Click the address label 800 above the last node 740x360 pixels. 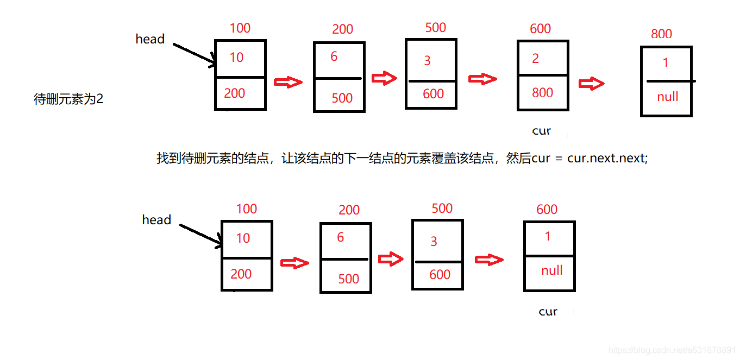(661, 34)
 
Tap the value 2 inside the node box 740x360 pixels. (535, 59)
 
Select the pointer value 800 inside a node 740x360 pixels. (542, 92)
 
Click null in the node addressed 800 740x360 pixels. (667, 97)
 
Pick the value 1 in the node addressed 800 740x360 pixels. (666, 63)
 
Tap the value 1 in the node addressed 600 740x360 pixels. (547, 236)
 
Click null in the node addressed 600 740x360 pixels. (551, 270)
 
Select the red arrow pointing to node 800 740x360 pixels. (591, 84)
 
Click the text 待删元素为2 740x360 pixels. (68, 99)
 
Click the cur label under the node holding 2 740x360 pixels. (541, 131)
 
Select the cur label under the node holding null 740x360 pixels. (548, 312)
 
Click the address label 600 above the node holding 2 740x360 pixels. (540, 29)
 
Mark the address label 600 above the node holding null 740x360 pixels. (547, 210)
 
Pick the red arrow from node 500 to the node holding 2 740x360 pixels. (482, 79)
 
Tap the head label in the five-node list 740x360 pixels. (150, 39)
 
